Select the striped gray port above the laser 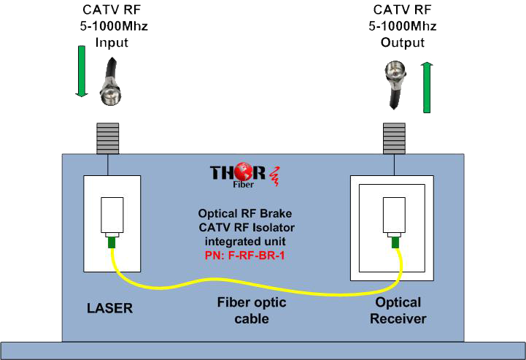click(x=109, y=135)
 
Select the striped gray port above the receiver click(x=395, y=136)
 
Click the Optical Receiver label click(x=398, y=310)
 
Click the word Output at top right click(x=402, y=42)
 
